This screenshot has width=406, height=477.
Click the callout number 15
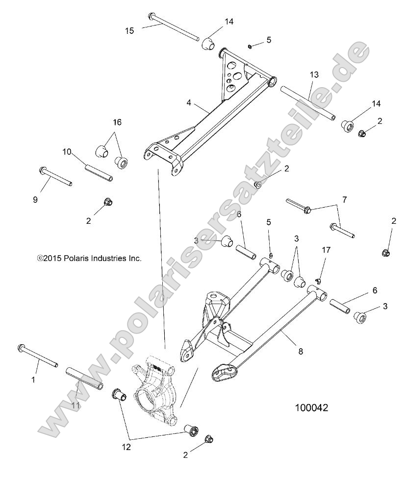point(129,30)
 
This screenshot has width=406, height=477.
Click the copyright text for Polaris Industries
point(89,258)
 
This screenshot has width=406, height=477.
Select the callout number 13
point(314,75)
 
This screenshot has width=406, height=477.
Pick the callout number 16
point(118,122)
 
